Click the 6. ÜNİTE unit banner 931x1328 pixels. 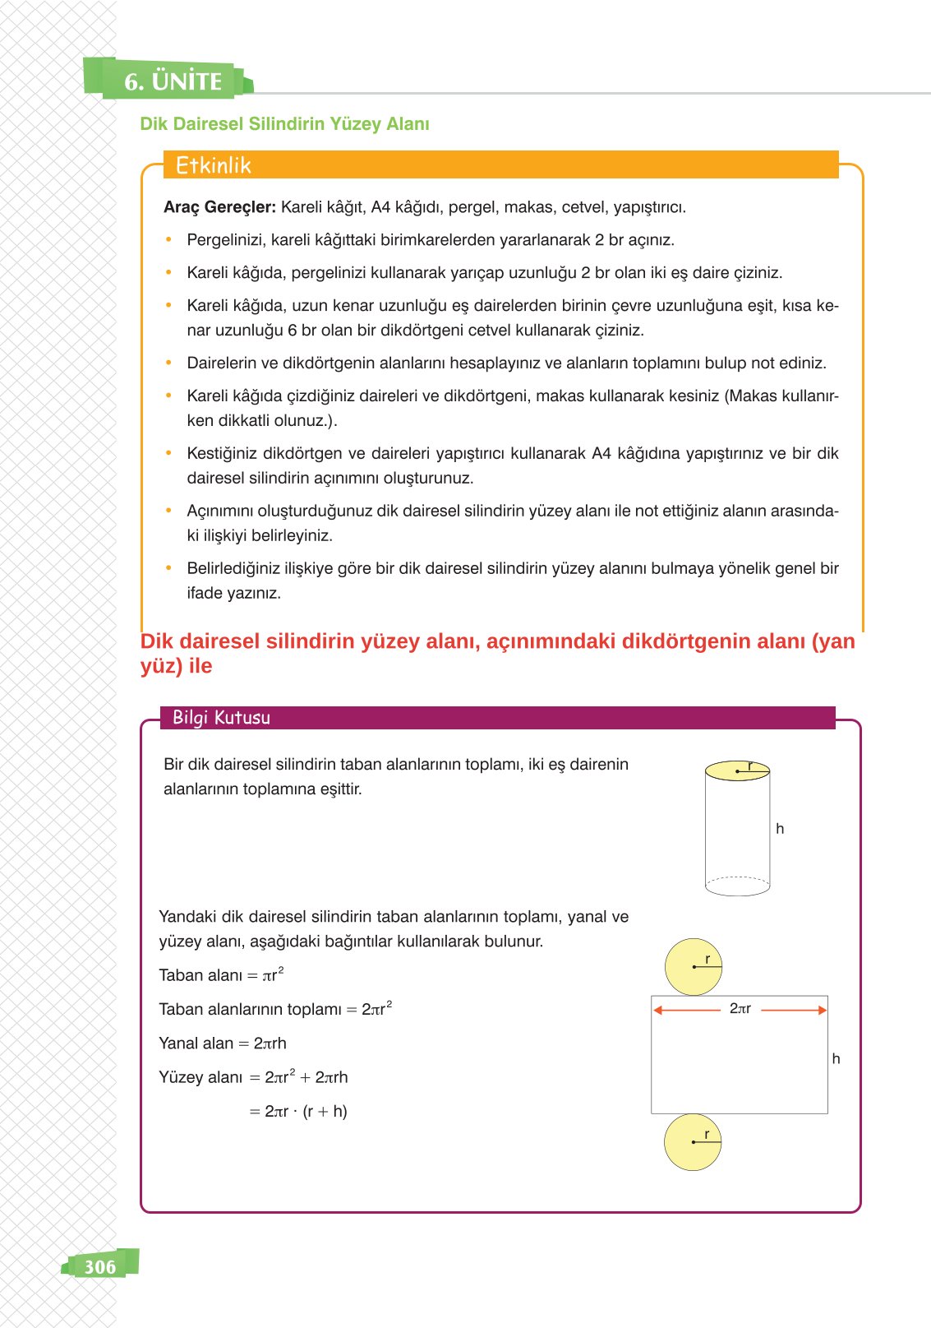pyautogui.click(x=173, y=81)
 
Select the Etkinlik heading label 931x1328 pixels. pyautogui.click(x=213, y=165)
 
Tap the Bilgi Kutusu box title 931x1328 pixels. pyautogui.click(x=221, y=717)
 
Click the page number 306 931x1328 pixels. pyautogui.click(x=100, y=1266)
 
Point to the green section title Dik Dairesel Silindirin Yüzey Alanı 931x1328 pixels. pyautogui.click(x=284, y=124)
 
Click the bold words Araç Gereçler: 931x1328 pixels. pyautogui.click(x=219, y=207)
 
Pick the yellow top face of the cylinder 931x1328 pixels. pyautogui.click(x=737, y=770)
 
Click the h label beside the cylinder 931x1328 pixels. pyautogui.click(x=780, y=829)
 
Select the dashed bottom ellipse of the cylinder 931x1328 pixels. pyautogui.click(x=737, y=886)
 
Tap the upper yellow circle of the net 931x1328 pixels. pyautogui.click(x=693, y=967)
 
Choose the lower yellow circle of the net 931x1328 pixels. pyautogui.click(x=692, y=1142)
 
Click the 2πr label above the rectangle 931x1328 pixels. pyautogui.click(x=740, y=1008)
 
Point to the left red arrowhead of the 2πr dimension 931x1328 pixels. pyautogui.click(x=658, y=1010)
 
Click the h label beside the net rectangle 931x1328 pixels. pyautogui.click(x=836, y=1059)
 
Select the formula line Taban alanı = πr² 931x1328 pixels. pyautogui.click(x=221, y=975)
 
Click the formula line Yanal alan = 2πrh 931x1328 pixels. pyautogui.click(x=223, y=1043)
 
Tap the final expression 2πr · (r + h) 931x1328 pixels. pyautogui.click(x=305, y=1112)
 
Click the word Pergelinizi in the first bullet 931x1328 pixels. pyautogui.click(x=224, y=240)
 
